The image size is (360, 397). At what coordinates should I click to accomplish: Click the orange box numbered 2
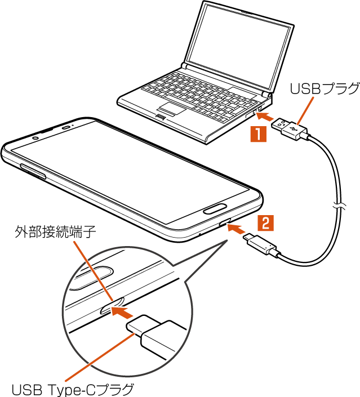click(x=265, y=222)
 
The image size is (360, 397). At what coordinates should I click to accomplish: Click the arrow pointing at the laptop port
click(x=265, y=118)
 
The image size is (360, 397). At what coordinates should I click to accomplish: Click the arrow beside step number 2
click(x=237, y=229)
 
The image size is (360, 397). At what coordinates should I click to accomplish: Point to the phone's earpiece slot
click(x=67, y=127)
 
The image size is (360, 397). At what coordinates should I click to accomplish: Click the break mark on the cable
click(x=340, y=207)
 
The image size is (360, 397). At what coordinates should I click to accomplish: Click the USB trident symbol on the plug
click(x=292, y=128)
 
